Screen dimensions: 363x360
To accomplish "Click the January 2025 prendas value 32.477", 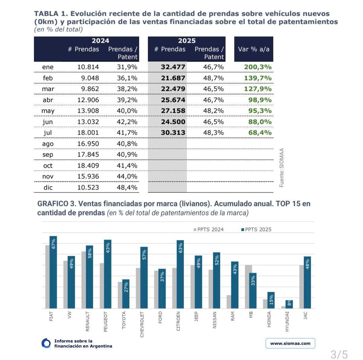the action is tap(173, 67).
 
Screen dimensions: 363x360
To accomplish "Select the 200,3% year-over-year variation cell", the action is tap(258, 67).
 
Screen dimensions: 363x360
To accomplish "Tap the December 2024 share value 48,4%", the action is tap(127, 187).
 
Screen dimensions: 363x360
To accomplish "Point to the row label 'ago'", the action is tap(48, 144).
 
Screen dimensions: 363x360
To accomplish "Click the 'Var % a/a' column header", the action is tap(254, 49).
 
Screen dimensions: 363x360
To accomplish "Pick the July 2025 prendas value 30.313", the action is tap(173, 133).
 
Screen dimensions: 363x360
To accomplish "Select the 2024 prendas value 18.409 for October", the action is tap(88, 166).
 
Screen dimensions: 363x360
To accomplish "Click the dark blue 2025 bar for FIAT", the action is tap(53, 272).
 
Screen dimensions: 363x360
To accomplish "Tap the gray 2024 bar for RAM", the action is tap(229, 302).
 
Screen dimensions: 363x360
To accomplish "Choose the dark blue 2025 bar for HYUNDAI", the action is tap(289, 304).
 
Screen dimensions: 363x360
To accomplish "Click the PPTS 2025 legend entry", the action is tap(256, 229).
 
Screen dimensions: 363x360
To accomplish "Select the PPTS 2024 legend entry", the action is tap(209, 229).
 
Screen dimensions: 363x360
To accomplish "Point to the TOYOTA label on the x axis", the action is tap(124, 320).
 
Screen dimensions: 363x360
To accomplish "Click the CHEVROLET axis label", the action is tap(142, 324).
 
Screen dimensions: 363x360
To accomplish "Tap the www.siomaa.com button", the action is tap(290, 343).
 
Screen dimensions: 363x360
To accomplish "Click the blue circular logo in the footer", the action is tap(46, 343).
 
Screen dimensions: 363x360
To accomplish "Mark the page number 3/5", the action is tap(339, 354).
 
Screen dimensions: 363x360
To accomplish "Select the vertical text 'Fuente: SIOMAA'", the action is tap(282, 168).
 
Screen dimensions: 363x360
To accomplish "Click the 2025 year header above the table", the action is tap(187, 41).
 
